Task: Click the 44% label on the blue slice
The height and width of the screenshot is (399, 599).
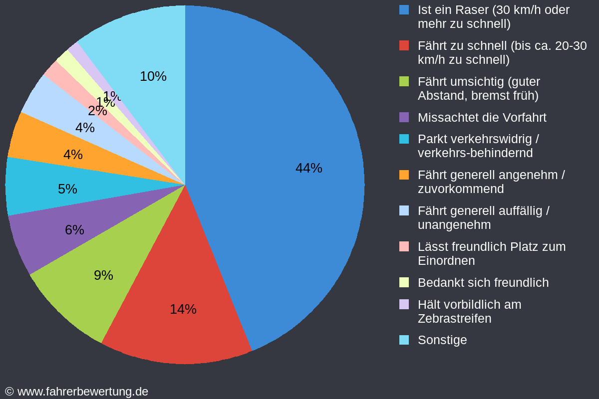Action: point(308,168)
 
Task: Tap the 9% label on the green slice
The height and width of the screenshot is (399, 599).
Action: point(103,275)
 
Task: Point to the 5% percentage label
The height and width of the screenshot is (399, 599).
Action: point(67,189)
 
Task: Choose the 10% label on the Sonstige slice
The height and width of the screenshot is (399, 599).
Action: point(153,76)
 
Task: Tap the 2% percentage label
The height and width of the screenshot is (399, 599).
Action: point(97,111)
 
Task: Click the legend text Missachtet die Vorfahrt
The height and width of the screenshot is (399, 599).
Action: point(482,118)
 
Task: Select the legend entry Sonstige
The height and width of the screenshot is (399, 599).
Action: point(442,340)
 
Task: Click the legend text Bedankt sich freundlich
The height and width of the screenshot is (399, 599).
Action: point(483,283)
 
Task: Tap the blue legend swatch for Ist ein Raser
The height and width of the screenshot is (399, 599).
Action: point(404,9)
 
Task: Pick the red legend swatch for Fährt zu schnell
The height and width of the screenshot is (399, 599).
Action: point(404,46)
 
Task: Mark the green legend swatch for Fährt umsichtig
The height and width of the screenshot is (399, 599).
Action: point(404,81)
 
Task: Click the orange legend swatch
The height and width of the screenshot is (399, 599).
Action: point(404,175)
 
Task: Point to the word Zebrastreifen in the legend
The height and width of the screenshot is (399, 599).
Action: point(454,319)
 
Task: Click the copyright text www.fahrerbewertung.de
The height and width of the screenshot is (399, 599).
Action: point(82,392)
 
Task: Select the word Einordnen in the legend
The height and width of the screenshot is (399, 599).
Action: point(446,261)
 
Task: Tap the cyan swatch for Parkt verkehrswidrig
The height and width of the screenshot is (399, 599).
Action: point(404,139)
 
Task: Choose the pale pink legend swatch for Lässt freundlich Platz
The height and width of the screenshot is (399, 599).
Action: point(404,246)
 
